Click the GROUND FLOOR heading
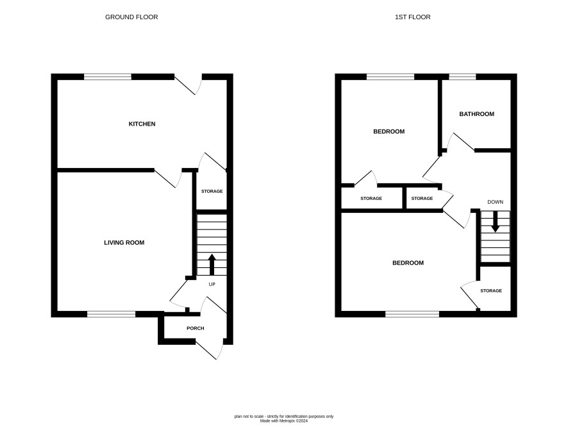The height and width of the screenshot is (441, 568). (131, 17)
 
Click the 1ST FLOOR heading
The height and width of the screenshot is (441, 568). (413, 17)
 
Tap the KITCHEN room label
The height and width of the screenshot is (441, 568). (142, 124)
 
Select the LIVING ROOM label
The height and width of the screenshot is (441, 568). (124, 242)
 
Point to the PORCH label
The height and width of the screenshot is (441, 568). (196, 328)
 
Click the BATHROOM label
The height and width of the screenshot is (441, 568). (477, 114)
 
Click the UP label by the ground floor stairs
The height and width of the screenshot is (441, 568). (212, 284)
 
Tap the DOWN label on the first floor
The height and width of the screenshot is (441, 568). (495, 202)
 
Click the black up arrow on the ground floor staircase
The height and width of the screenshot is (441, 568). (212, 264)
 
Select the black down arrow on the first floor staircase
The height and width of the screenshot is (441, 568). (495, 221)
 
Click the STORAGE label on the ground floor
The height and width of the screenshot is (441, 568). (212, 191)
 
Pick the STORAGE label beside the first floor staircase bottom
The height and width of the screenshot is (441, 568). (491, 291)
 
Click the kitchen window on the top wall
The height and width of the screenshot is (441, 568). (108, 77)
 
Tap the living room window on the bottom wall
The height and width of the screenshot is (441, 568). (111, 314)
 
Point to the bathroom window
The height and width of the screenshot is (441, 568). (463, 77)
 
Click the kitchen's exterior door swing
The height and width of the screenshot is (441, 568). (188, 85)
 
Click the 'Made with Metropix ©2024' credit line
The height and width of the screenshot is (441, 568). (284, 421)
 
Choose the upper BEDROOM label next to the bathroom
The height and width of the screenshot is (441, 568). (389, 131)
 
